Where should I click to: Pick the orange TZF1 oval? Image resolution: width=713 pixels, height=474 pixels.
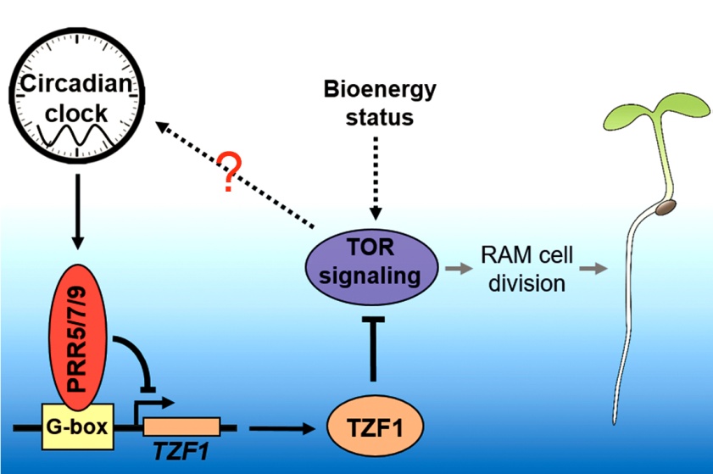(370, 427)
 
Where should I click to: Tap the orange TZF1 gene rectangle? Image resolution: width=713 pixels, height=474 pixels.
(181, 426)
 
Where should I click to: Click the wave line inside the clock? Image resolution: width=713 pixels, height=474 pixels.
(76, 136)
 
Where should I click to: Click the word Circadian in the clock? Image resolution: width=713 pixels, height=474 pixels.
(77, 86)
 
